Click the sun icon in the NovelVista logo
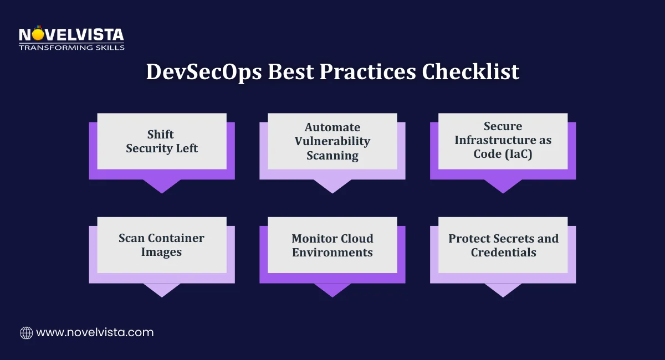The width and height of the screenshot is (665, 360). [x=38, y=34]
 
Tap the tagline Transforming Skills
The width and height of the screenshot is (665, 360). [x=71, y=48]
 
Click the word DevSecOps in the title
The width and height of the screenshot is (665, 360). [x=204, y=72]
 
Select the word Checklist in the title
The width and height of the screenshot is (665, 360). [x=470, y=71]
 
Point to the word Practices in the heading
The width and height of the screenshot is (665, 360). [x=368, y=71]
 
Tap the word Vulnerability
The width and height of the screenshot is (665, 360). [x=332, y=141]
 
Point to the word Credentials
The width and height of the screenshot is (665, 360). [x=504, y=253]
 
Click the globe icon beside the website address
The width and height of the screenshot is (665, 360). [x=27, y=333]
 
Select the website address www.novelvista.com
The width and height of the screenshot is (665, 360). [x=95, y=332]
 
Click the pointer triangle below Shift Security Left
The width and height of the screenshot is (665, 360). [x=162, y=186]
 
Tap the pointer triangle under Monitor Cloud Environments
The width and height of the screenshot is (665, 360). [x=332, y=289]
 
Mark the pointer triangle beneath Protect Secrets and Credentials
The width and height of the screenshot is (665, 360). [x=503, y=289]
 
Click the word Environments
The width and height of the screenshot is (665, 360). [x=332, y=253]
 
